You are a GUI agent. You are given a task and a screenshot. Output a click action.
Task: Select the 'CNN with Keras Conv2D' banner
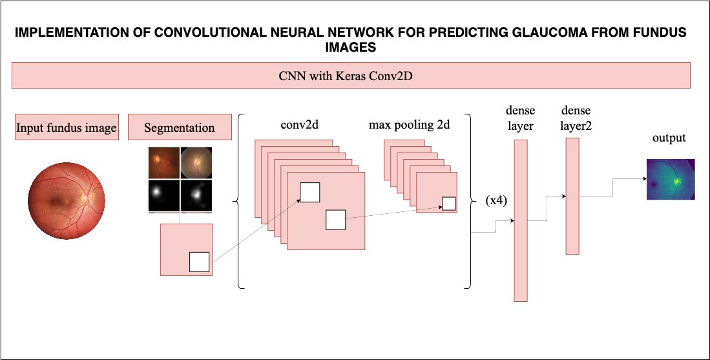pos(351,76)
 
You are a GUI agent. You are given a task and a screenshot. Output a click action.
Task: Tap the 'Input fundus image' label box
pos(66,128)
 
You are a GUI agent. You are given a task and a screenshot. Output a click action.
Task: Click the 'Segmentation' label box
pos(180,127)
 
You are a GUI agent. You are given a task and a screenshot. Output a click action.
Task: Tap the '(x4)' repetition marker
pos(496,200)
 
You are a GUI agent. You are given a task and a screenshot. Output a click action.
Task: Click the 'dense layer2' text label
pos(576,117)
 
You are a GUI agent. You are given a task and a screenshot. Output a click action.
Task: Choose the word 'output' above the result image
pos(669,138)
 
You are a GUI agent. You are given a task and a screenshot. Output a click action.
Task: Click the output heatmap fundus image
pos(670,178)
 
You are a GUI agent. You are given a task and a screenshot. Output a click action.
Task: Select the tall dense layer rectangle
pos(521,220)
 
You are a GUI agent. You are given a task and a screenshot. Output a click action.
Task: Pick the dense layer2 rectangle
pos(572,195)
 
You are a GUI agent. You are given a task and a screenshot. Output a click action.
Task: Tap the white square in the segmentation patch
pos(199,262)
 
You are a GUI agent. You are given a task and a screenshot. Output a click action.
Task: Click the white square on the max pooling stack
pos(448,204)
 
